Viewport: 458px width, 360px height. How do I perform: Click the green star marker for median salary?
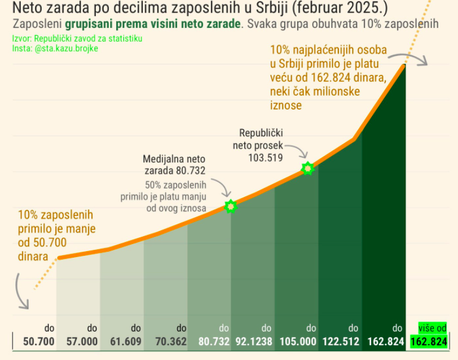coord(230,206)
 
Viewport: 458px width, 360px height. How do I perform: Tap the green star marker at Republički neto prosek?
coord(307,168)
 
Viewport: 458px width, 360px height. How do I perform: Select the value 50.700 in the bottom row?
coord(39,342)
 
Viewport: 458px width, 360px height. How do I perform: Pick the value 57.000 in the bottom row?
coord(82,342)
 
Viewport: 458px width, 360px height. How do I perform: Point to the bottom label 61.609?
coord(126,342)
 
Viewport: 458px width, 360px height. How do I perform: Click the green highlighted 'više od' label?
coord(432,328)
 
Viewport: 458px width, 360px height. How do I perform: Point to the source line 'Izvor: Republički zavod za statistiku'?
coord(77,39)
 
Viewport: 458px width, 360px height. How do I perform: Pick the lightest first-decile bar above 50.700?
coord(78,292)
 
